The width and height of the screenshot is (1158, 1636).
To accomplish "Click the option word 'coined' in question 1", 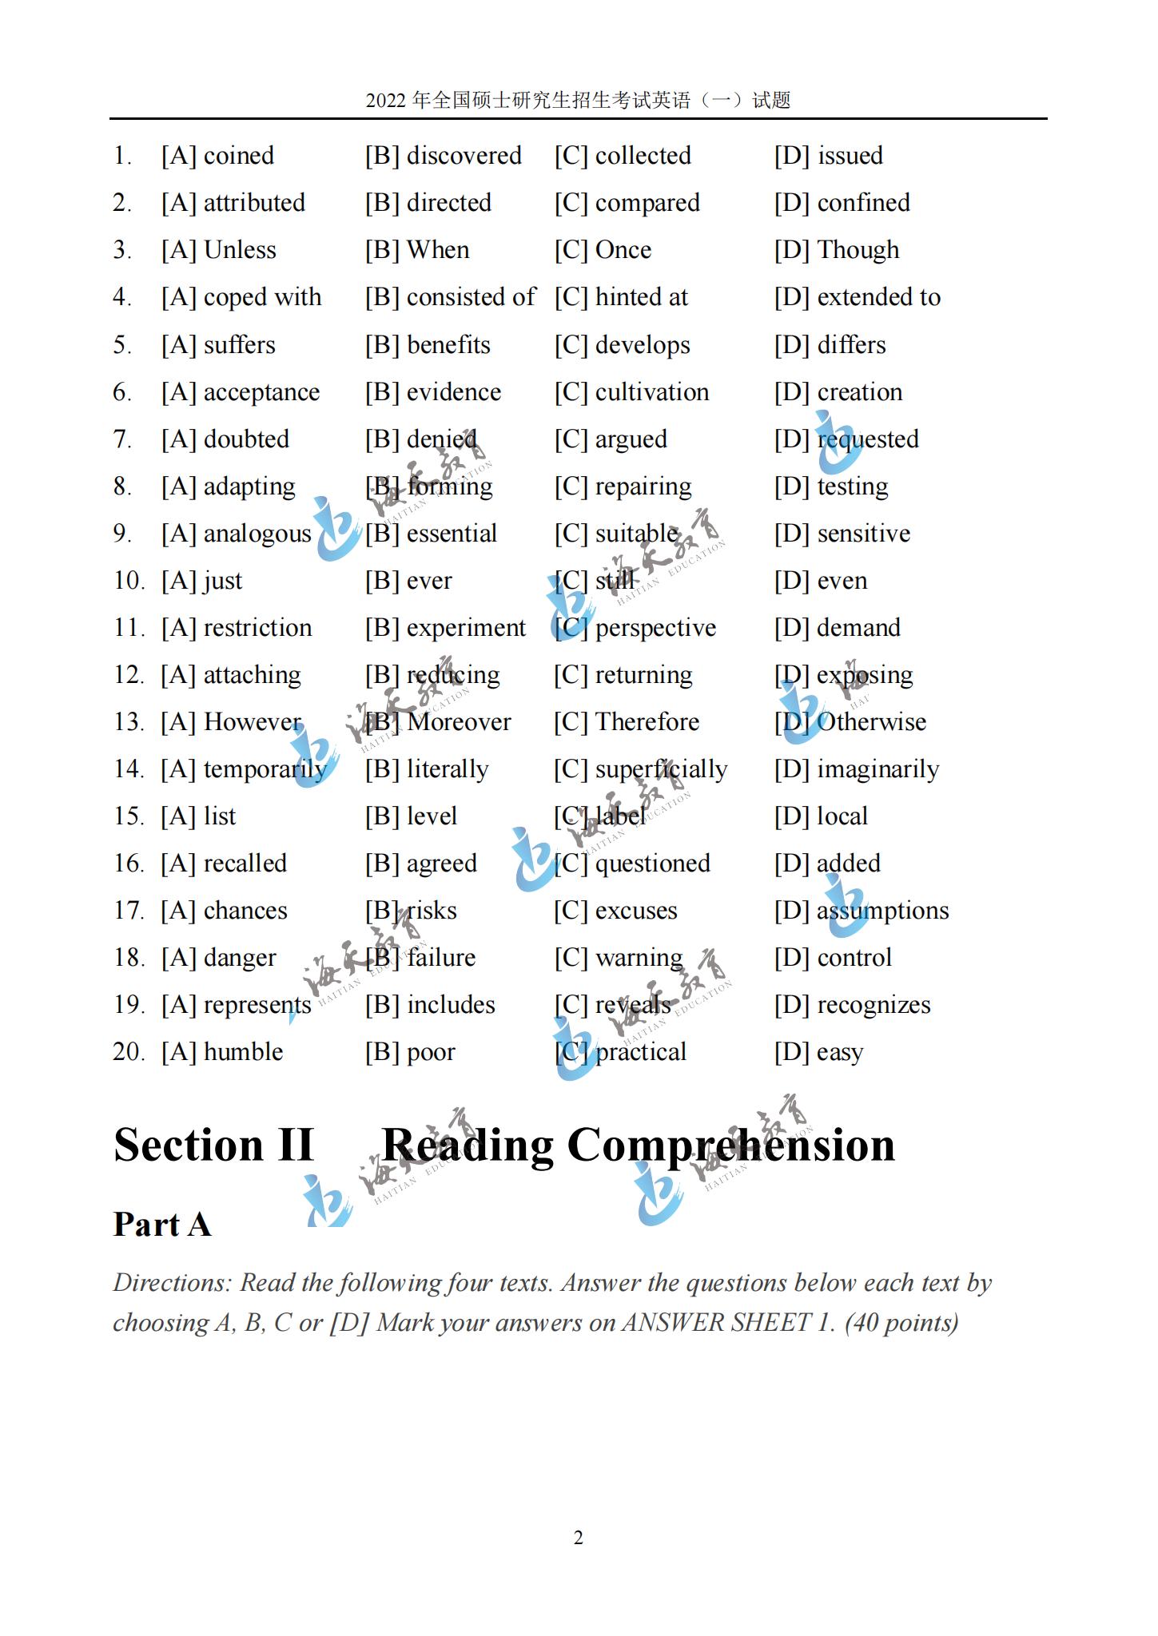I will (238, 156).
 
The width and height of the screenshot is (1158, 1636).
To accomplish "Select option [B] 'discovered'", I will (464, 156).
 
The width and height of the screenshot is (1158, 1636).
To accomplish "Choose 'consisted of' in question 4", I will (471, 297).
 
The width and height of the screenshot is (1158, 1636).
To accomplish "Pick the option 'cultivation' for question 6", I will (651, 392).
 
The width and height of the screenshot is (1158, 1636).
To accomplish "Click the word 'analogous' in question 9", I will (257, 534).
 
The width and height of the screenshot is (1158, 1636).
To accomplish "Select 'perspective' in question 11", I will (655, 628).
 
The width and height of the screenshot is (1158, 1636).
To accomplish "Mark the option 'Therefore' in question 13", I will (647, 722).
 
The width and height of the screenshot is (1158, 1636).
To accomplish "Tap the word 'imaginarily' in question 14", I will (877, 769).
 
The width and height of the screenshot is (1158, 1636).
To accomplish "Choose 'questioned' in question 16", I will (652, 864).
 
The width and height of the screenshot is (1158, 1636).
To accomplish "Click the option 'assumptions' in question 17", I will (882, 911).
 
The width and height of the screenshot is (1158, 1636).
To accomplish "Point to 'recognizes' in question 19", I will (873, 1005).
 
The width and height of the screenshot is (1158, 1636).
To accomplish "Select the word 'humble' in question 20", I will (243, 1052).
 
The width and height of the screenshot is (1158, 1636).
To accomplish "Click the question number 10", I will (128, 581).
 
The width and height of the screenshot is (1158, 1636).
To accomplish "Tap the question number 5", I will (121, 345).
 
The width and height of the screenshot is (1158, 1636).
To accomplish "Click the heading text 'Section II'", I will (213, 1145).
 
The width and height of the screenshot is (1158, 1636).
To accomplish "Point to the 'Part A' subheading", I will (162, 1225).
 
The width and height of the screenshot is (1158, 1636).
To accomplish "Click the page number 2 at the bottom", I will (579, 1538).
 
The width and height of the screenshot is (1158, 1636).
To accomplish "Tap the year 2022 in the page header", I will (386, 101).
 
